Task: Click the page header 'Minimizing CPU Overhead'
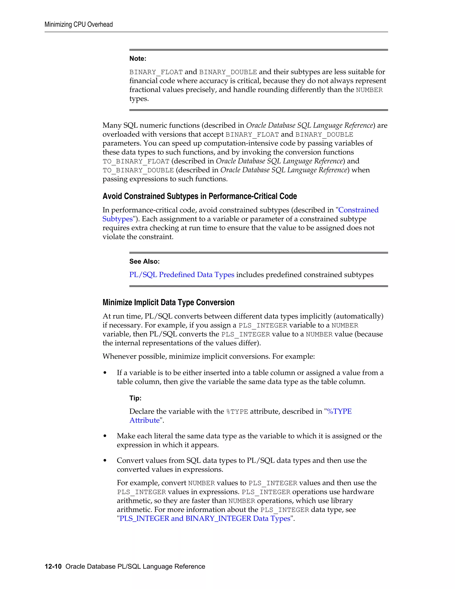(x=78, y=24)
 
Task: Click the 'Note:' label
(x=138, y=58)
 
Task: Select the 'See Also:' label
(x=144, y=261)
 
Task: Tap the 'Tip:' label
(x=135, y=398)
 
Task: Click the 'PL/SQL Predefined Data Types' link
(x=182, y=274)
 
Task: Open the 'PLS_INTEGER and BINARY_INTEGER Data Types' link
(x=205, y=518)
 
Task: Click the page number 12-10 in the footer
(x=53, y=566)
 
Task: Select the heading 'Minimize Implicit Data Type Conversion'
(x=168, y=302)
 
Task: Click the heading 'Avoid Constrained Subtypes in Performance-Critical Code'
(x=200, y=196)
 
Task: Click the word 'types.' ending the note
(x=139, y=99)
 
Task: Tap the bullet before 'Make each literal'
(x=105, y=436)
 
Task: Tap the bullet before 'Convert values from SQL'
(x=105, y=461)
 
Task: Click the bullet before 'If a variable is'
(x=105, y=373)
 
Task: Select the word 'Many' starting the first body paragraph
(x=112, y=125)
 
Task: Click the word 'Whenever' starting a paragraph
(x=119, y=357)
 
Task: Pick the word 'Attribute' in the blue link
(x=144, y=421)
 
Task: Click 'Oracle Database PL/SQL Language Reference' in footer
(x=135, y=566)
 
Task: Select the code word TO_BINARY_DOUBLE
(x=138, y=170)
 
